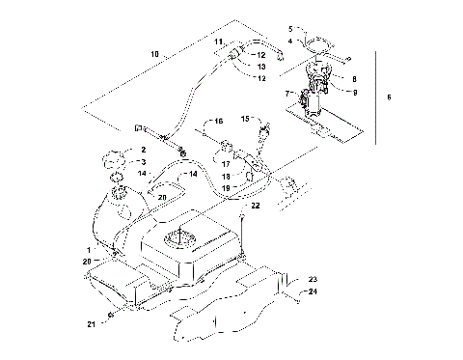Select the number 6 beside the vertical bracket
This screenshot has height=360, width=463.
(389, 97)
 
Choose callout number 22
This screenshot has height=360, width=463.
(256, 206)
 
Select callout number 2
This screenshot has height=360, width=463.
(142, 150)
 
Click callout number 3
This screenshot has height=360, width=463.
(142, 162)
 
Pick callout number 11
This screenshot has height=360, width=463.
(218, 42)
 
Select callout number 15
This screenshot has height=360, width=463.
(246, 119)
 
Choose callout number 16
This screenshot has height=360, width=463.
(217, 122)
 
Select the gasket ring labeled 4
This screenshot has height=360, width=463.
(315, 42)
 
